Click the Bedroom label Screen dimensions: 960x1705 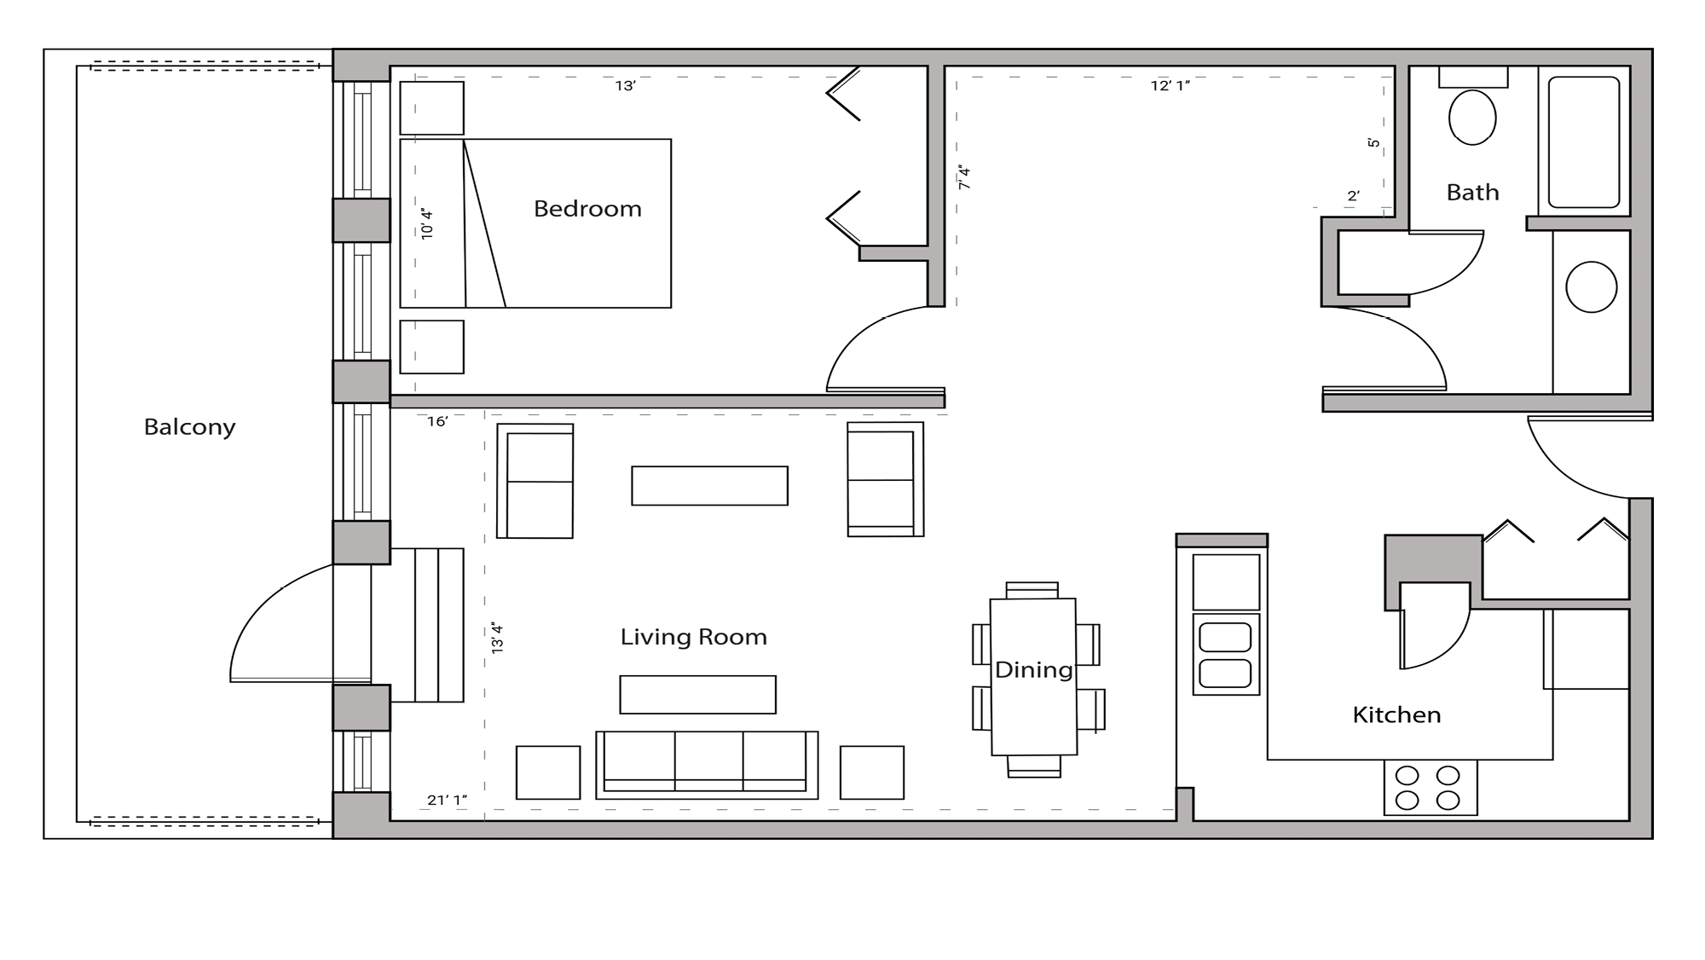587,209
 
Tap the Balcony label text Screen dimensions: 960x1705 189,426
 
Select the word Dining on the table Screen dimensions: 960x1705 1033,670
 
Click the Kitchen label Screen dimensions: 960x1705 1396,714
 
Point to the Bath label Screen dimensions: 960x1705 1472,193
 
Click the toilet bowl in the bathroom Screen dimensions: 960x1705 1472,118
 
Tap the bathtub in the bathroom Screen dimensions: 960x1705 1583,142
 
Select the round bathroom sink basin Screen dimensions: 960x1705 1591,287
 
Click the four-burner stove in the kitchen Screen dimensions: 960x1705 1430,788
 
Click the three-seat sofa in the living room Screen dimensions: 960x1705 706,763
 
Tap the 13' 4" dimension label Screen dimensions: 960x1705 498,639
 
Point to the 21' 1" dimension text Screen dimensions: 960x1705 447,800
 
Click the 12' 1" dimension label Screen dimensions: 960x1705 1170,85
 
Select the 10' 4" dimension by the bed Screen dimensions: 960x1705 427,223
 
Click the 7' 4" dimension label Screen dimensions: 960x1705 964,176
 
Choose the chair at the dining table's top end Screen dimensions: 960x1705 1032,590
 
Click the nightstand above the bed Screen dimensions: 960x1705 432,108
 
